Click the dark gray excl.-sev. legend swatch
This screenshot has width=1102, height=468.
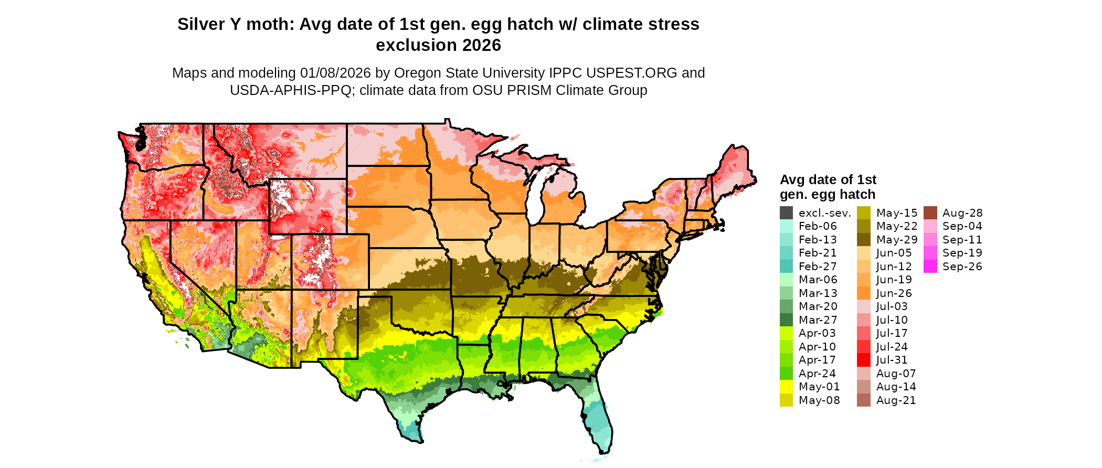tap(786, 213)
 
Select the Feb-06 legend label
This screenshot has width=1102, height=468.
tap(818, 226)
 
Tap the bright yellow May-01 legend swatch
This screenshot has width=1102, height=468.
tap(786, 387)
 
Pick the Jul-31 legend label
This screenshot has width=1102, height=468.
tap(892, 360)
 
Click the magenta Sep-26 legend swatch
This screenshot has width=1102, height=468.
tap(930, 267)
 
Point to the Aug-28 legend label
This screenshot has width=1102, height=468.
tap(962, 213)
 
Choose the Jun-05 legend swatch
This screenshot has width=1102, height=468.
tap(864, 253)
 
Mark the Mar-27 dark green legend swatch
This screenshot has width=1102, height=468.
tap(786, 320)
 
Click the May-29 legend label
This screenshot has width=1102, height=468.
tap(897, 240)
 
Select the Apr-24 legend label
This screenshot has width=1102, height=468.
tap(817, 374)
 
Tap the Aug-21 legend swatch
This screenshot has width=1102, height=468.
tap(864, 400)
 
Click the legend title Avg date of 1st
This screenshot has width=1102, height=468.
tap(828, 179)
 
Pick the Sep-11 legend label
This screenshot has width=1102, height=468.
tap(962, 240)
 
